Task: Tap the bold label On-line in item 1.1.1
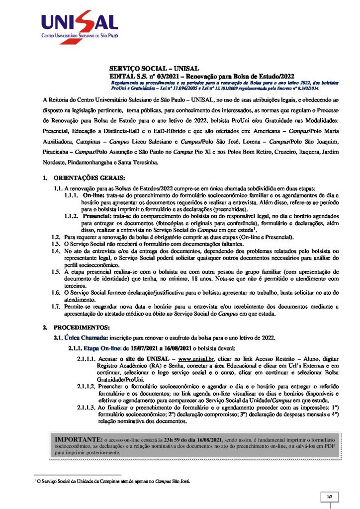(x=93, y=196)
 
